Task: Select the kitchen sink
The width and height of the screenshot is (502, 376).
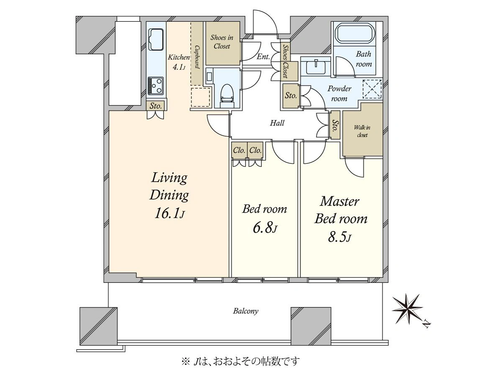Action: point(156,40)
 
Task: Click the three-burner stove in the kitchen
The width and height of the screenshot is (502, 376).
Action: point(156,86)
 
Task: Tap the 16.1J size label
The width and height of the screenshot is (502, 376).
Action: point(169,213)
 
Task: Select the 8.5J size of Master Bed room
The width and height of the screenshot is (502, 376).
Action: point(339,237)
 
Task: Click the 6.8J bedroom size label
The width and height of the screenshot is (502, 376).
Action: point(265,228)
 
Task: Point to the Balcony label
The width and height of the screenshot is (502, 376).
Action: point(246,311)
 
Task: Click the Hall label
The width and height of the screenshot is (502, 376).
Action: point(277,123)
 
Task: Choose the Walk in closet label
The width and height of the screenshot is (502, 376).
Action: point(362,131)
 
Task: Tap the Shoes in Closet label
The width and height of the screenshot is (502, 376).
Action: point(222,42)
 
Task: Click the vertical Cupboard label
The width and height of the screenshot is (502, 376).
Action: point(197,57)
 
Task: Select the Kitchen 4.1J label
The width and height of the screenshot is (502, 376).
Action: point(179,62)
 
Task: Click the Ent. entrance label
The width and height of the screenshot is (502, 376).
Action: point(263,57)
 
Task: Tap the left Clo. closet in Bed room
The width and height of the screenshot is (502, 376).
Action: point(239,150)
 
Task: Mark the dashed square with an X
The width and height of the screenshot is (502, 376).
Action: point(372,89)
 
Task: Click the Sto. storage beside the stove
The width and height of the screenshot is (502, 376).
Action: point(156,106)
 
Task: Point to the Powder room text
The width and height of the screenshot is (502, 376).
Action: point(339,94)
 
